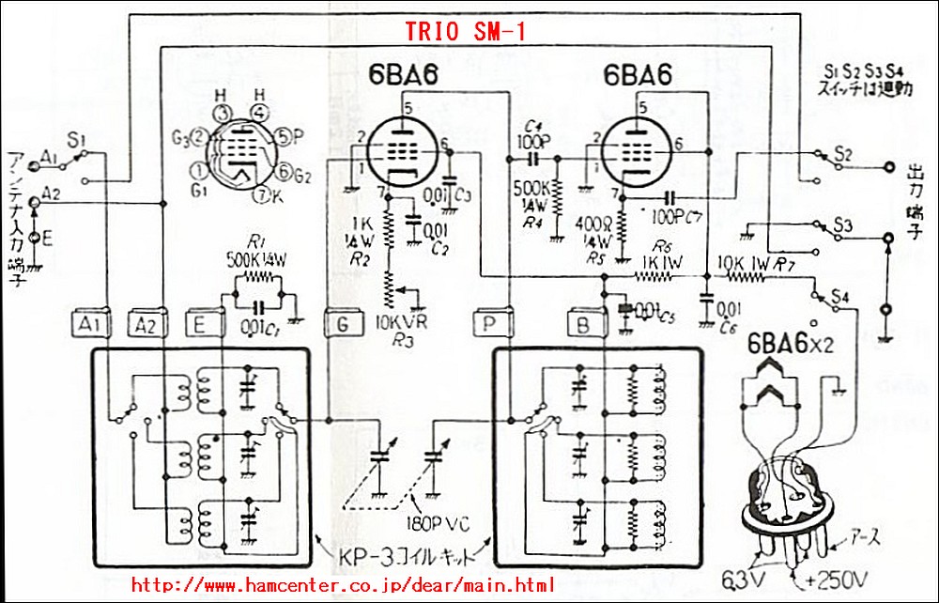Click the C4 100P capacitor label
coord(531,140)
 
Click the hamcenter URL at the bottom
coord(343,584)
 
